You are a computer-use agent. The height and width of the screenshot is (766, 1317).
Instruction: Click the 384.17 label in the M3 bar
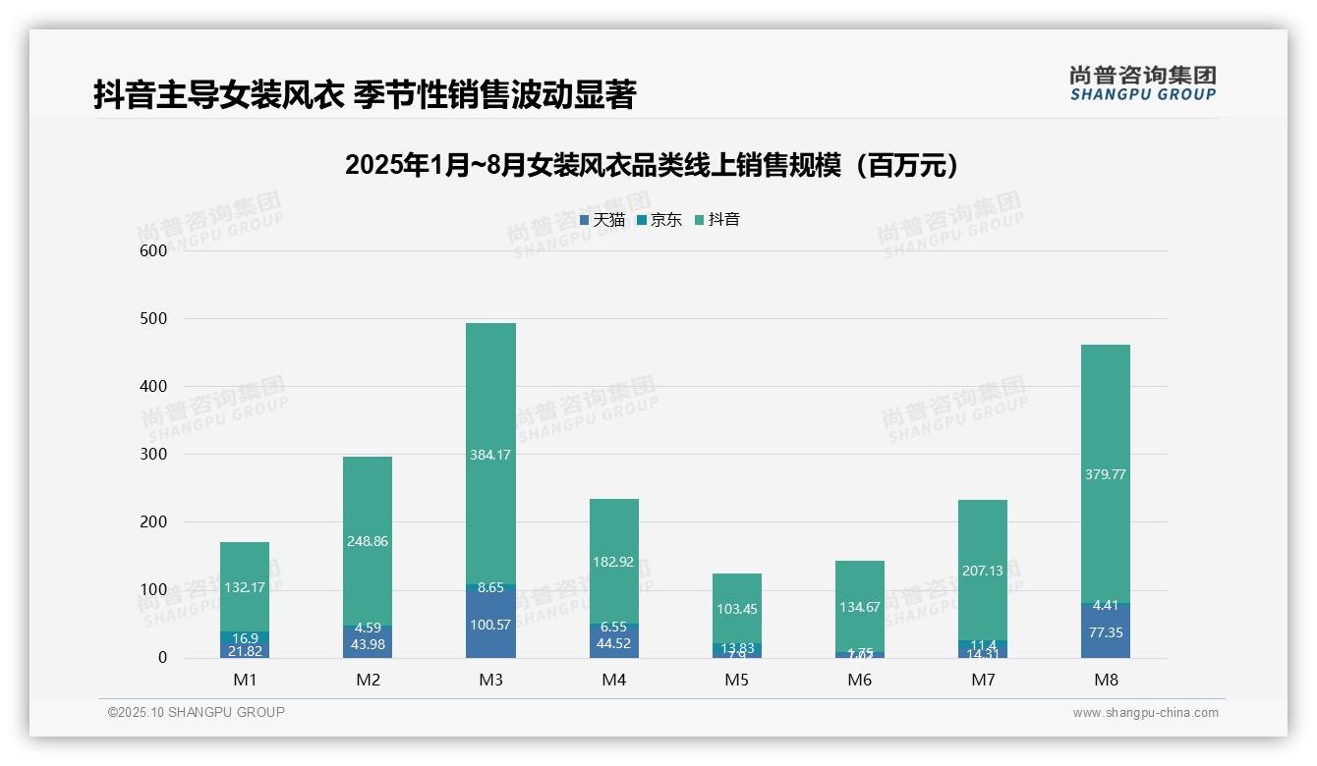click(x=490, y=455)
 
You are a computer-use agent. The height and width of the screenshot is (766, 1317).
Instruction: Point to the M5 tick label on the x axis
click(x=737, y=680)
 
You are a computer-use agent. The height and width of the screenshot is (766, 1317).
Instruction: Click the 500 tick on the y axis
click(x=154, y=319)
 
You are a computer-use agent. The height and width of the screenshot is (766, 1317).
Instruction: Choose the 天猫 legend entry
click(x=602, y=220)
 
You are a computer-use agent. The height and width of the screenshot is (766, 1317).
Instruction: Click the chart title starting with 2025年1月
click(x=651, y=166)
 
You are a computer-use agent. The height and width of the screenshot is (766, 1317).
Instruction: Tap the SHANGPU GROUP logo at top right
click(x=1142, y=83)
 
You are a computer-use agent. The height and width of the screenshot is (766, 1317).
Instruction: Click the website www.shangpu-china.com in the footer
click(x=1145, y=713)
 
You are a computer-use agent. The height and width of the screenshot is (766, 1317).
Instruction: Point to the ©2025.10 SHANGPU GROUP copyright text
click(x=197, y=713)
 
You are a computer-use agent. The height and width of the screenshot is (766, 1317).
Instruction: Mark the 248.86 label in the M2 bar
click(x=368, y=541)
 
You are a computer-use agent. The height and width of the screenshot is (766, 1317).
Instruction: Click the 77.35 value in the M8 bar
click(x=1106, y=632)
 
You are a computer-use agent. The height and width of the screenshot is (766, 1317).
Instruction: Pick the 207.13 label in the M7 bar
click(x=983, y=570)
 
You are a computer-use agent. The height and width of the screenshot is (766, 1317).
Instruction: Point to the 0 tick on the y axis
click(x=163, y=658)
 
